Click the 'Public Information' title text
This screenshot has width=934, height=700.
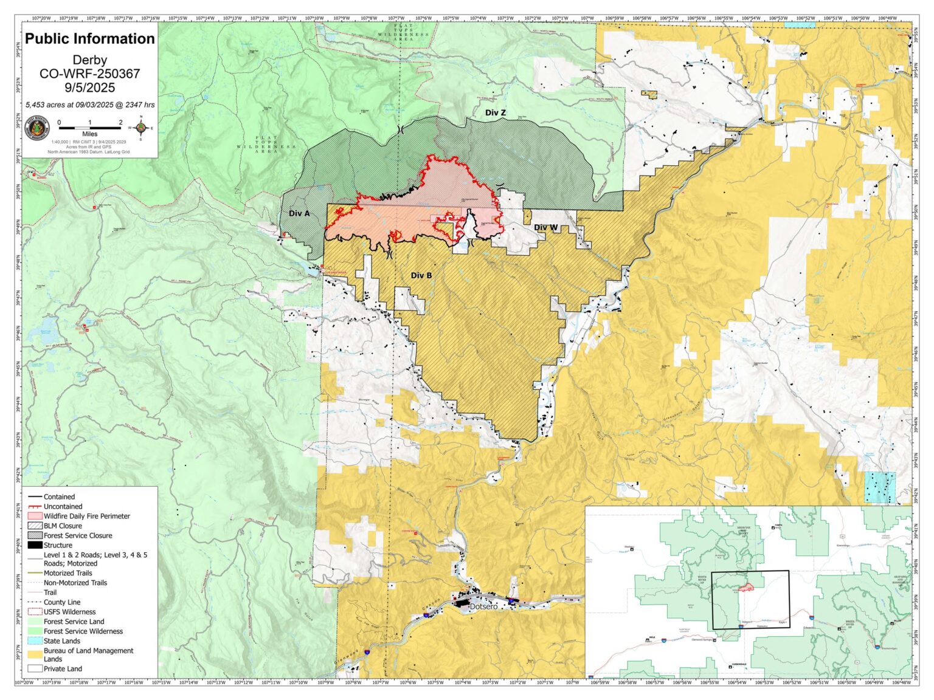tap(90, 39)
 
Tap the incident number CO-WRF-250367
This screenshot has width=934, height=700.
tap(90, 74)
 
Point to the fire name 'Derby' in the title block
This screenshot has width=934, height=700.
tap(90, 60)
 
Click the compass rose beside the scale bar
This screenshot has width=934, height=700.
tap(141, 128)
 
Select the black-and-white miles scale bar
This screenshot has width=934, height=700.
tap(90, 127)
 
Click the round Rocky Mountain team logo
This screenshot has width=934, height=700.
tap(37, 128)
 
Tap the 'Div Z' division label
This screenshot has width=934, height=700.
tap(495, 112)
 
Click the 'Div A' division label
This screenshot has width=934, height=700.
tap(299, 213)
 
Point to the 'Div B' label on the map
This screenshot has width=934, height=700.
tap(421, 275)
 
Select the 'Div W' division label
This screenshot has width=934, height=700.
tap(545, 227)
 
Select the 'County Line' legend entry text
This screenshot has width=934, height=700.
tap(61, 602)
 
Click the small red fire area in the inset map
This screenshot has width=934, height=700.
tap(747, 587)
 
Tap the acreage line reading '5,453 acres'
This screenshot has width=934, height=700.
tap(90, 105)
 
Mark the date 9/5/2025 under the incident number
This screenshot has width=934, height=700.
tap(90, 87)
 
